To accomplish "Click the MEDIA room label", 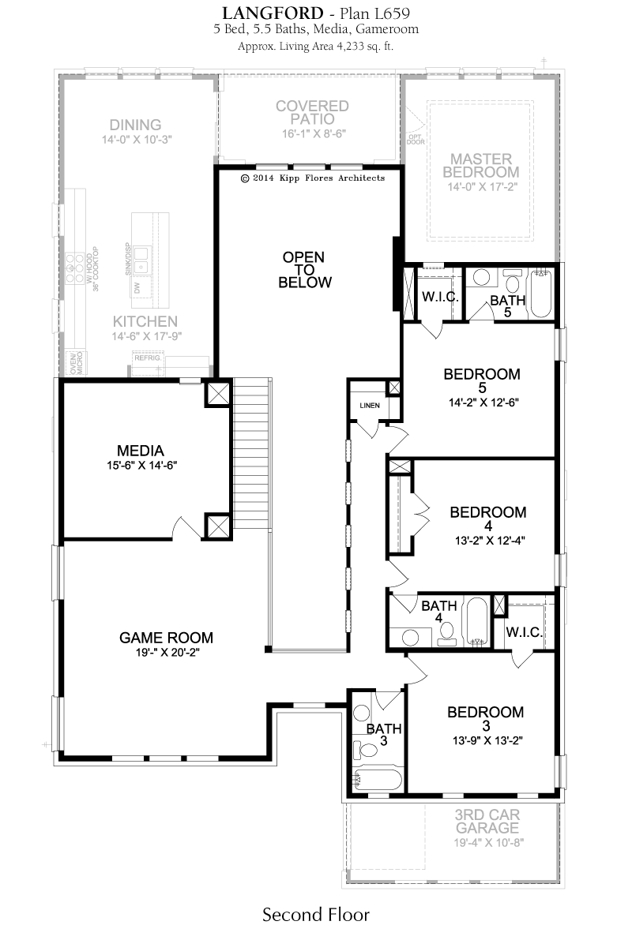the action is tap(140, 451).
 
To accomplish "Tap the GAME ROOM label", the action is tap(166, 638).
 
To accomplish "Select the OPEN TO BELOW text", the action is tap(305, 270).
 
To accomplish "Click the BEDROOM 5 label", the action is tap(482, 380).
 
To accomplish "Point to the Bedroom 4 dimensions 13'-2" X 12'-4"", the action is tap(490, 540).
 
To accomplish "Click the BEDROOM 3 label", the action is tap(486, 718).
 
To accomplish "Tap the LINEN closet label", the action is tap(370, 405).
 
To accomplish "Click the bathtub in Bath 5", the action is tap(541, 293).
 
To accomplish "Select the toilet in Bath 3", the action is tap(365, 750).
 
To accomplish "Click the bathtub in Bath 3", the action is tap(378, 779).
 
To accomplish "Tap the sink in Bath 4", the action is tap(411, 637).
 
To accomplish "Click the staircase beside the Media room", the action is tap(252, 452).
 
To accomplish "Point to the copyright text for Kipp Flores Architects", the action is tap(313, 178).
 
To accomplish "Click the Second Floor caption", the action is tap(316, 914).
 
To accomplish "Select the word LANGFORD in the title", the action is tap(273, 13).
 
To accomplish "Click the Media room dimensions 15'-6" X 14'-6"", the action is tap(141, 465).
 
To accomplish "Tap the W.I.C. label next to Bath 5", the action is tap(440, 297).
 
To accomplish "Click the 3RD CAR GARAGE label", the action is tap(487, 821).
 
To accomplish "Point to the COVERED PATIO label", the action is tap(313, 112).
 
